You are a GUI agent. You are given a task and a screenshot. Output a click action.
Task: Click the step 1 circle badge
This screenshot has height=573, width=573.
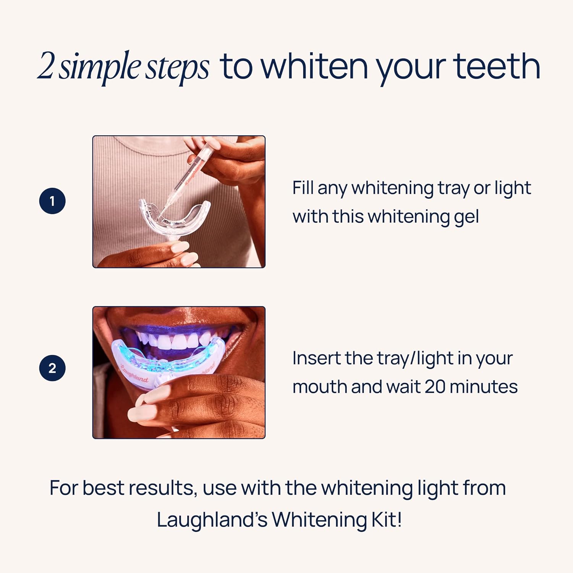[x=52, y=201]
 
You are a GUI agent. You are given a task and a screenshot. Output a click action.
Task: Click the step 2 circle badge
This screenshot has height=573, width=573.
[x=52, y=368]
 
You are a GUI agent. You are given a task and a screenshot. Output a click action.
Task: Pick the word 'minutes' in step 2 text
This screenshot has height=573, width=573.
[x=484, y=387]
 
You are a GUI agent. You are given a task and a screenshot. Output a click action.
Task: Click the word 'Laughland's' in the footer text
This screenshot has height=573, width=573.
[x=212, y=520]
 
